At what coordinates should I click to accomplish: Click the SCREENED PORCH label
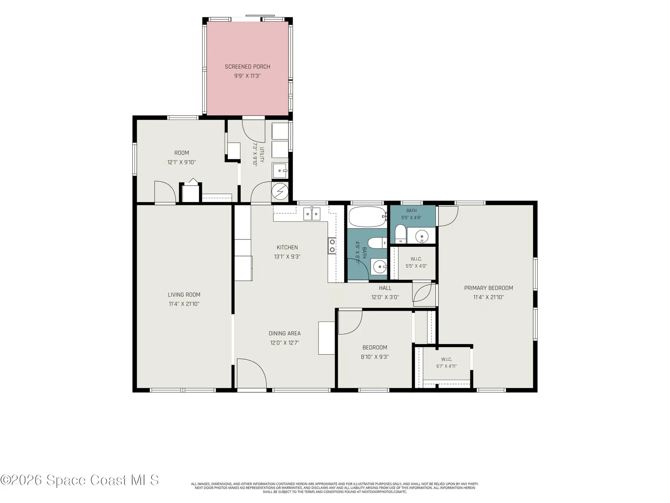pyautogui.click(x=247, y=67)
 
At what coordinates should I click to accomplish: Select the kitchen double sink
pyautogui.click(x=312, y=213)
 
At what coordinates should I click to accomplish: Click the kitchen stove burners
pyautogui.click(x=332, y=246)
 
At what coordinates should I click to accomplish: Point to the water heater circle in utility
pyautogui.click(x=280, y=191)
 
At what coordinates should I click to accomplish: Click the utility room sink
pyautogui.click(x=280, y=171)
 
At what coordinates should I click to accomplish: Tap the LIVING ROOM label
pyautogui.click(x=184, y=295)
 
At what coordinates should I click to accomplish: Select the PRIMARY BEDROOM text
pyautogui.click(x=488, y=288)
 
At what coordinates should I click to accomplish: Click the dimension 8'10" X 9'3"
pyautogui.click(x=374, y=357)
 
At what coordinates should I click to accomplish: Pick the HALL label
pyautogui.click(x=385, y=288)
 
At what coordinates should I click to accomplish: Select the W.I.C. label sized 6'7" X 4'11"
pyautogui.click(x=446, y=359)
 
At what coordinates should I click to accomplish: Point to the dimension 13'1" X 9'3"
pyautogui.click(x=287, y=257)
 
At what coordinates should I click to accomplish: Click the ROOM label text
pyautogui.click(x=182, y=153)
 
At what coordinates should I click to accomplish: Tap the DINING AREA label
pyautogui.click(x=284, y=334)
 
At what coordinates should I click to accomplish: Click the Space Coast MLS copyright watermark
pyautogui.click(x=80, y=480)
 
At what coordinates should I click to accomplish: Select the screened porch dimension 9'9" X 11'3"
pyautogui.click(x=247, y=76)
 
